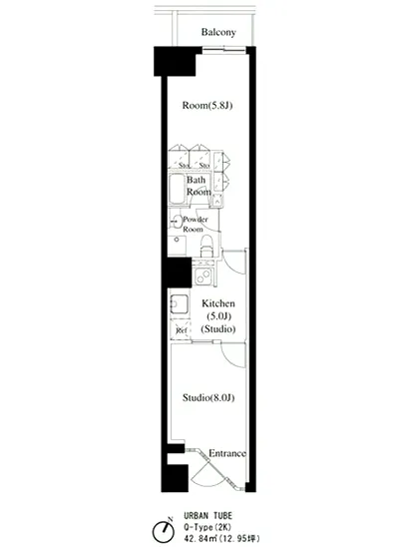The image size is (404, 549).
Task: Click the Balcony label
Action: pyautogui.click(x=217, y=33)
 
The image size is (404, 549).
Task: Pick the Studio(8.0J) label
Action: pyautogui.click(x=207, y=398)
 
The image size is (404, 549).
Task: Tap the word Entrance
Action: pyautogui.click(x=226, y=453)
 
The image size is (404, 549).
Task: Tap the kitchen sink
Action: pyautogui.click(x=178, y=304)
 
